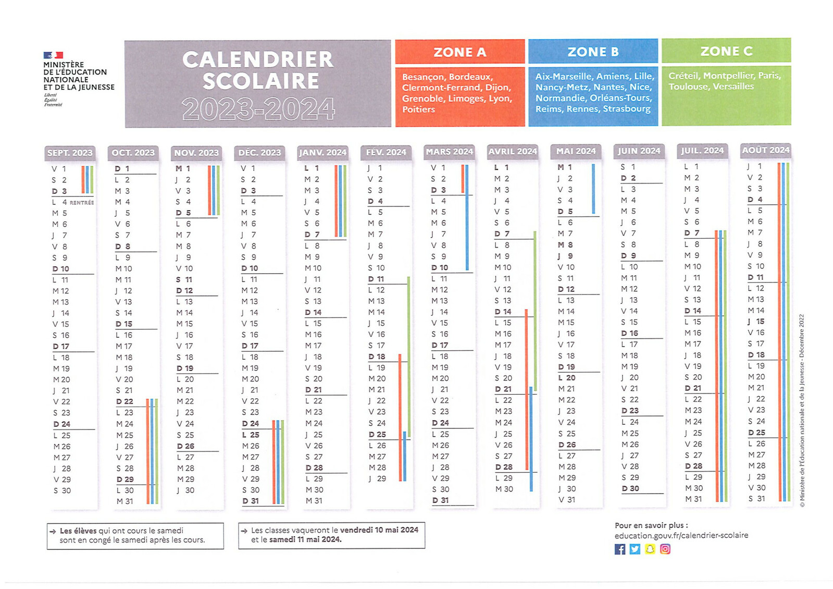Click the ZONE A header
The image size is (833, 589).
tap(459, 52)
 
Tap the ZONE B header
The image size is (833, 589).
tap(593, 52)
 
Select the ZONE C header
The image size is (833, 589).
tap(726, 51)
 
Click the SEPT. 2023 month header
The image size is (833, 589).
tap(70, 153)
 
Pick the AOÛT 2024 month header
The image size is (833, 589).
tap(765, 150)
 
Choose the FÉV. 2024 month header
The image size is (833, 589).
tap(386, 152)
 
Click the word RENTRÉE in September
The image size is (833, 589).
tap(82, 203)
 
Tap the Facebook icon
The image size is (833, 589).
tap(620, 549)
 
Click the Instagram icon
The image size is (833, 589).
tap(665, 549)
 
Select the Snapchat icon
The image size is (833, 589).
tap(650, 549)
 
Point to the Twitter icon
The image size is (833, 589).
tap(635, 549)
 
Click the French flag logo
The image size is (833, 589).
tap(53, 55)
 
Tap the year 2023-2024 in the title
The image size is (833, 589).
tap(258, 109)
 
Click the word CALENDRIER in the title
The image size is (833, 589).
tap(258, 59)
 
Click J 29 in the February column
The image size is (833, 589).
tap(378, 478)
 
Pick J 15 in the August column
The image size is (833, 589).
tap(756, 322)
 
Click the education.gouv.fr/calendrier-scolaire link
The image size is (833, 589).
tap(681, 535)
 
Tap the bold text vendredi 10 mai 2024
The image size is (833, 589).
tap(379, 530)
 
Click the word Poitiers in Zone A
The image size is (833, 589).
tap(418, 109)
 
